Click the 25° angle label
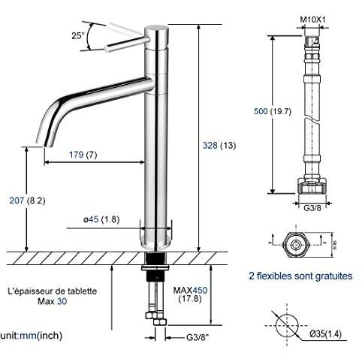tap(78, 35)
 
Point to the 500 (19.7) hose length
tap(271, 112)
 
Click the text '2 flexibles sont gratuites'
tap(300, 276)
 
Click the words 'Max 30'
tap(50, 301)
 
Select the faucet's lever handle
tap(124, 39)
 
